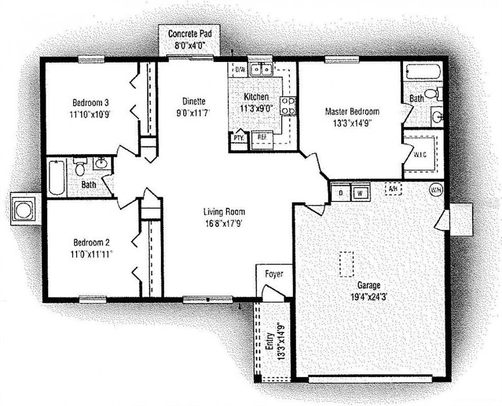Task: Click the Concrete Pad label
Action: [x=190, y=33]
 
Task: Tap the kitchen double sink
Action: [x=261, y=69]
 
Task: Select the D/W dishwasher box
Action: [x=240, y=69]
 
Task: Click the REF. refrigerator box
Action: [x=262, y=139]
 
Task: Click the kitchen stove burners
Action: [x=288, y=106]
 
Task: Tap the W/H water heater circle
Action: [x=436, y=190]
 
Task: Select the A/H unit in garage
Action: [x=394, y=189]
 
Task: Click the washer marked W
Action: [x=360, y=193]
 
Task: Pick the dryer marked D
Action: [x=341, y=193]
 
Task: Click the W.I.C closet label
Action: [x=419, y=154]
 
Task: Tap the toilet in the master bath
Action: [x=433, y=94]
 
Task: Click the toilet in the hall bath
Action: [x=79, y=167]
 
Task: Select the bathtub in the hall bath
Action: [x=57, y=178]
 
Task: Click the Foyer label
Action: [x=274, y=274]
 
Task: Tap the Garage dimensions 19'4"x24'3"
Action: [x=369, y=297]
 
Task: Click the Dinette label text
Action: [x=194, y=101]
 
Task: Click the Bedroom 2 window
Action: [x=93, y=299]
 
